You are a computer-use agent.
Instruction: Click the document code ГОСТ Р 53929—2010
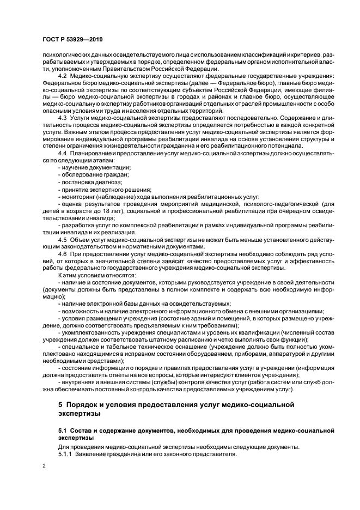(72, 40)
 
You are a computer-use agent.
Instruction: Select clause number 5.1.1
(65, 453)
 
